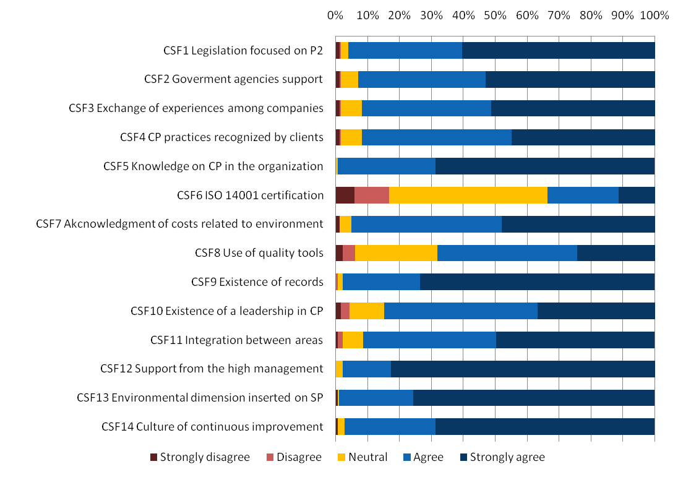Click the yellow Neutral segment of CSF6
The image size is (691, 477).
[x=468, y=195]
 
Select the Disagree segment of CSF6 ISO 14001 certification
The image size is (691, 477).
[x=372, y=195]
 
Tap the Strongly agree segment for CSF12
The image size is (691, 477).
[x=523, y=369]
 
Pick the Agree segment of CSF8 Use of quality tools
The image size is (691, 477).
[x=507, y=253]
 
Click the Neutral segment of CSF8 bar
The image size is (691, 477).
[x=396, y=253]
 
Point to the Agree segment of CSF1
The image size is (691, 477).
[x=405, y=50]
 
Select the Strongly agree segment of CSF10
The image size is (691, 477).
[x=596, y=311]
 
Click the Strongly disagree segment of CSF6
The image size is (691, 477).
[x=345, y=195]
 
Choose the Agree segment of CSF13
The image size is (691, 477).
[x=376, y=397]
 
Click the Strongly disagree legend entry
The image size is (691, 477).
[x=200, y=457]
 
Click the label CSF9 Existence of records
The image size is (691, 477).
[x=257, y=282]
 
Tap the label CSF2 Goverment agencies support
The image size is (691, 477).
[x=233, y=79]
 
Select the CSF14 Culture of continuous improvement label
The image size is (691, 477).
[x=212, y=426]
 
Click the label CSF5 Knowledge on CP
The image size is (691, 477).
[x=213, y=166]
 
